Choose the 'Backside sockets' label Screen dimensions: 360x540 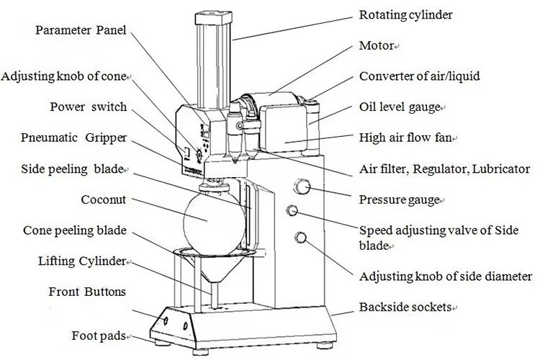click(x=405, y=307)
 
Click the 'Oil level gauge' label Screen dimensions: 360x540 click(x=399, y=107)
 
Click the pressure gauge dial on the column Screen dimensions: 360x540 click(x=302, y=188)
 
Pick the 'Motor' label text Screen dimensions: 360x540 click(x=377, y=45)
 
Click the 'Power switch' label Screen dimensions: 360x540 click(x=88, y=107)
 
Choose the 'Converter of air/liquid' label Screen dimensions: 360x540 click(x=419, y=76)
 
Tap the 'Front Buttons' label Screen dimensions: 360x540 click(x=87, y=292)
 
